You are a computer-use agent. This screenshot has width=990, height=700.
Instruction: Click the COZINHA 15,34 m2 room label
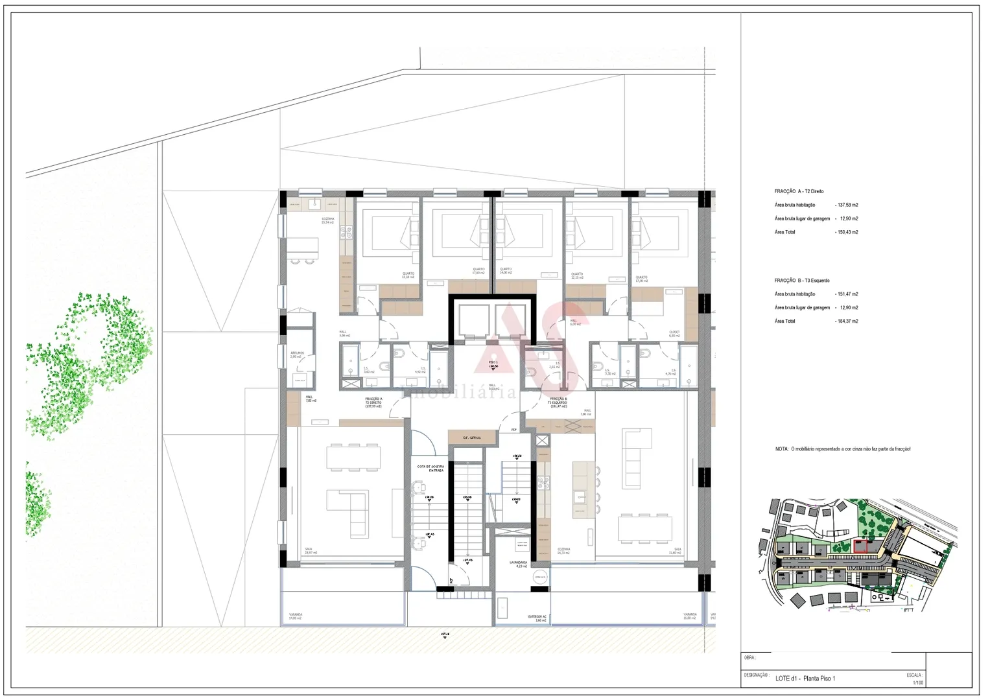[x=327, y=221]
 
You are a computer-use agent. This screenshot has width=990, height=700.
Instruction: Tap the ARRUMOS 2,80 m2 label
[x=297, y=355]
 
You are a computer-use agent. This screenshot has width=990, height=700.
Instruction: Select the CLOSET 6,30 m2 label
[x=674, y=334]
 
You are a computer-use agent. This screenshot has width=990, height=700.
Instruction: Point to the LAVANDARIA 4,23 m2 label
[x=518, y=564]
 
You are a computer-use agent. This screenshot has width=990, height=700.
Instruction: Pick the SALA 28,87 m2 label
[x=312, y=551]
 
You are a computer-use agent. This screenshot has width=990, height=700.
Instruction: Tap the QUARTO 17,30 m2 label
[x=641, y=279]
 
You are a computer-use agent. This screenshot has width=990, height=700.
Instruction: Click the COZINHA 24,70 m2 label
[x=563, y=551]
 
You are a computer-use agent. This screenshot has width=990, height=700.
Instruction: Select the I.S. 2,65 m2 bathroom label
[x=554, y=366]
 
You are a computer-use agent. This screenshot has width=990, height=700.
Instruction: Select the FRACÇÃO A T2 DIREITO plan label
[x=373, y=402]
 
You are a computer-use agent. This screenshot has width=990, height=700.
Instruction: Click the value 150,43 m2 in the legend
[x=847, y=232]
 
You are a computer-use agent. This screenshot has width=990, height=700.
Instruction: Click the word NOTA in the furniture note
[x=782, y=449]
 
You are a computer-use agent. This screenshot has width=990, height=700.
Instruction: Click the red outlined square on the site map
[x=860, y=546]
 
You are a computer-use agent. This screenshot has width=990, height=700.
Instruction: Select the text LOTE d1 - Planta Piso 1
[x=805, y=679]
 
